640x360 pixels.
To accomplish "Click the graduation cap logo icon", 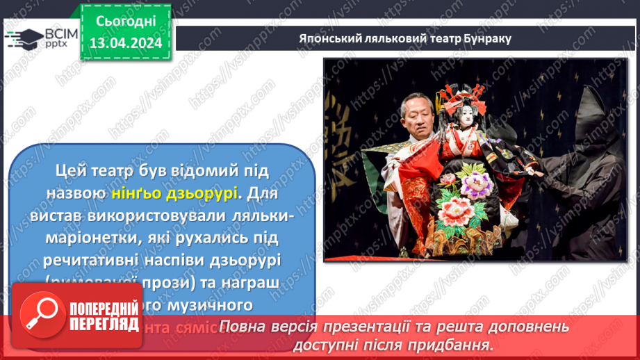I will pyautogui.click(x=24, y=38).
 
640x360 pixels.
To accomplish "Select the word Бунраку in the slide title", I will pyautogui.click(x=489, y=39).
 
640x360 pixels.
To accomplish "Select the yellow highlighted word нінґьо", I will pyautogui.click(x=133, y=191).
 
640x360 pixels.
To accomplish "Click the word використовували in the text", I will pyautogui.click(x=164, y=215).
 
